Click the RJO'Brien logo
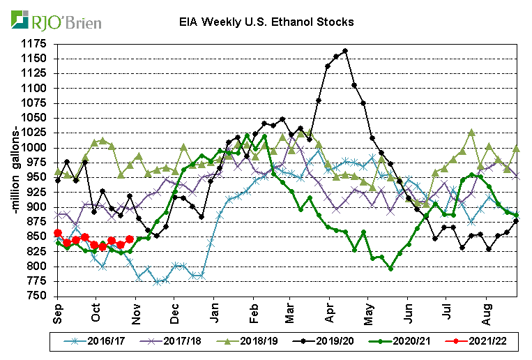click(x=56, y=21)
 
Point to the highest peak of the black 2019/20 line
click(x=345, y=51)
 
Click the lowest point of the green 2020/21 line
click(x=390, y=269)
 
